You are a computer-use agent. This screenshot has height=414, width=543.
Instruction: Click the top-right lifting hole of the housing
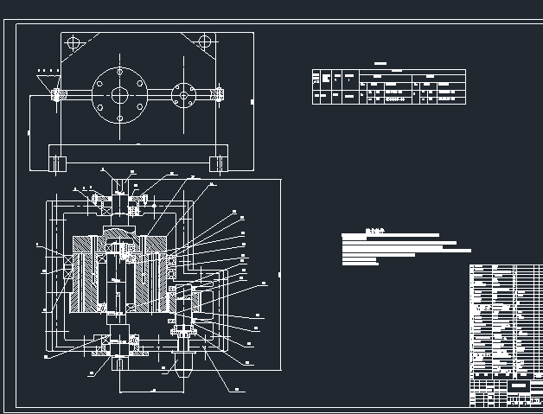tap(204, 41)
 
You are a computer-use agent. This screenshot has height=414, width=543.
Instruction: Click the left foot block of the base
tap(59, 161)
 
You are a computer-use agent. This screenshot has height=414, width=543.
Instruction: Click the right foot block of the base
tap(214, 161)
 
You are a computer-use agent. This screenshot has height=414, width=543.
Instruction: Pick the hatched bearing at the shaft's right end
tap(219, 94)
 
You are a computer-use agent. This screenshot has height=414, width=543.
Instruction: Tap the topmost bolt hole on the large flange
tap(118, 73)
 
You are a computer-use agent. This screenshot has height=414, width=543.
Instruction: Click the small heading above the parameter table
tap(380, 64)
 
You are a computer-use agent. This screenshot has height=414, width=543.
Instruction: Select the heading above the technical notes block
tap(374, 230)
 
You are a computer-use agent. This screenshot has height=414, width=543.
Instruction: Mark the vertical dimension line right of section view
tap(280, 275)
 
